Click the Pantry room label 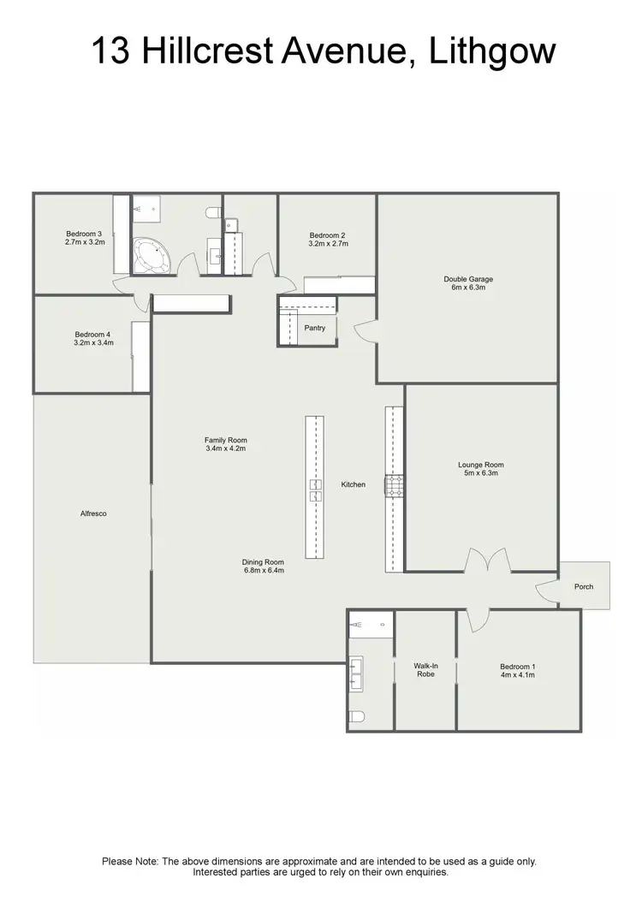[x=315, y=328]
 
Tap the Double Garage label [x=467, y=279]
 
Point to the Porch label [x=584, y=586]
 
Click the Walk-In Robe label [x=425, y=669]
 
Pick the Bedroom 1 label [x=518, y=667]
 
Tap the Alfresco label [x=92, y=513]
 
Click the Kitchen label [x=354, y=484]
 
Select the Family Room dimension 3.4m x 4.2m [x=226, y=449]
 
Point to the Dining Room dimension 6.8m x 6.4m [x=263, y=569]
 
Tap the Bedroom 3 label [x=84, y=234]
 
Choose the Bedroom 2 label [x=328, y=235]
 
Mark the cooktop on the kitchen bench [x=394, y=487]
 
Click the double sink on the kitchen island [x=315, y=490]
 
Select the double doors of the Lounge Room [x=487, y=562]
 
